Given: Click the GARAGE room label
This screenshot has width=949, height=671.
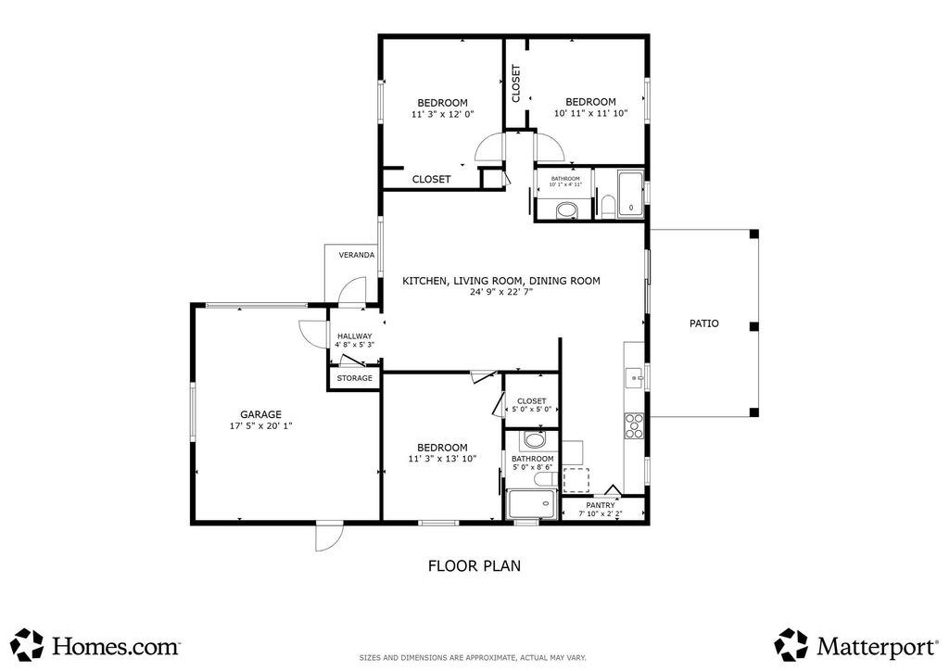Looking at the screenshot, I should coord(260,414).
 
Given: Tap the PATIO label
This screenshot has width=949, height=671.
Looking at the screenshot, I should coord(703,323).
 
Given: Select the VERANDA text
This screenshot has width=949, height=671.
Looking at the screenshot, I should coord(356,255).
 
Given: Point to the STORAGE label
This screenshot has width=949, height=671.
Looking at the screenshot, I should coord(354,378).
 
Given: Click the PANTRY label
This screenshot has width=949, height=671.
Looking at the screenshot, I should coord(601,505).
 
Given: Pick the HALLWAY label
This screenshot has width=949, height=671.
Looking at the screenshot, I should coord(354,336).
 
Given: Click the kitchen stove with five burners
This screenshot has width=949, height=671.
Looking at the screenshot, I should coord(635,425).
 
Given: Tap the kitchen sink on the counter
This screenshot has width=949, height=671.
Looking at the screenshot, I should coord(635,377).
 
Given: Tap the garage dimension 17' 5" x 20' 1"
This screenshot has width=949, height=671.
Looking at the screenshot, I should coord(260,426).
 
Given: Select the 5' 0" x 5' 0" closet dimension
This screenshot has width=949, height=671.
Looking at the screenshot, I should coord(532,409).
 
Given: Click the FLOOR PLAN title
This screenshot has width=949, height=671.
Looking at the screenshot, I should coord(474,564).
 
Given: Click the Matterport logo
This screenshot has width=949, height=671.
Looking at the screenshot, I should coord(853,643).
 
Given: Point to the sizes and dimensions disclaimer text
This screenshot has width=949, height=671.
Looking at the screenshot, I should coord(473,658).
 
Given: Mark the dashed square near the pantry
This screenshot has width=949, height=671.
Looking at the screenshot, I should coord(576,479).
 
